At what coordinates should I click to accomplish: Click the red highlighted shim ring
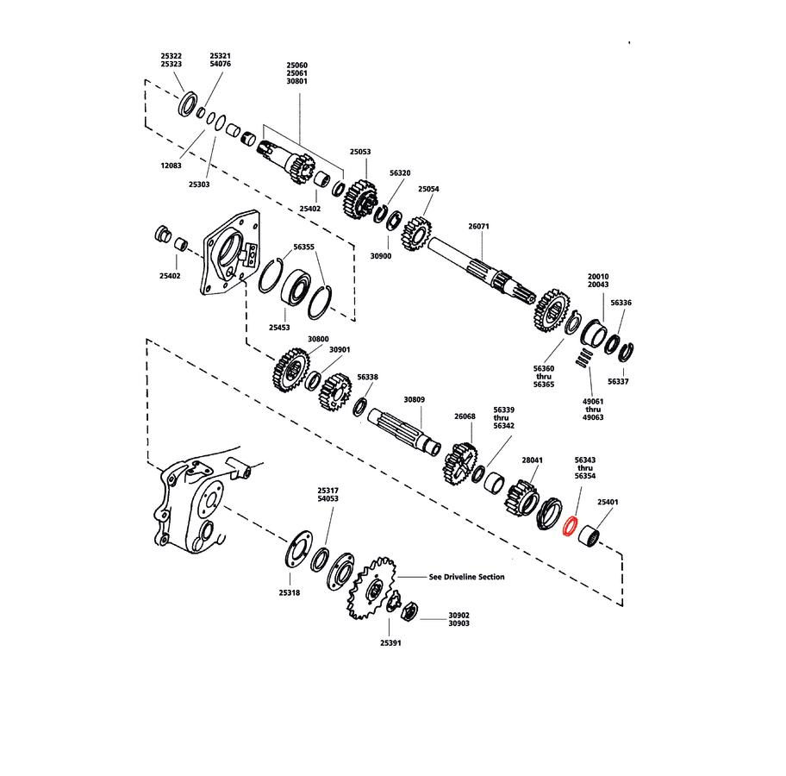pyautogui.click(x=569, y=527)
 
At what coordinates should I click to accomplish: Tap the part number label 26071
pyautogui.click(x=478, y=225)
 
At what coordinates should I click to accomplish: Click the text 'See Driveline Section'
pyautogui.click(x=466, y=577)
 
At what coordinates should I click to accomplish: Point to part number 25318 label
pyautogui.click(x=290, y=592)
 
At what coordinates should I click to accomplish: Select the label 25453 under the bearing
pyautogui.click(x=279, y=328)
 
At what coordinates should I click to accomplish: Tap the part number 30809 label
pyautogui.click(x=415, y=399)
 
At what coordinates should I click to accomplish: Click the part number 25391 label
pyautogui.click(x=390, y=642)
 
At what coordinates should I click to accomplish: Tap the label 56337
pyautogui.click(x=618, y=380)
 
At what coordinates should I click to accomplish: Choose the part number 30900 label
pyautogui.click(x=380, y=256)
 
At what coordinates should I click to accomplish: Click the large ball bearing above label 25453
pyautogui.click(x=297, y=285)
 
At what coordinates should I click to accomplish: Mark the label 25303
pyautogui.click(x=199, y=185)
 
